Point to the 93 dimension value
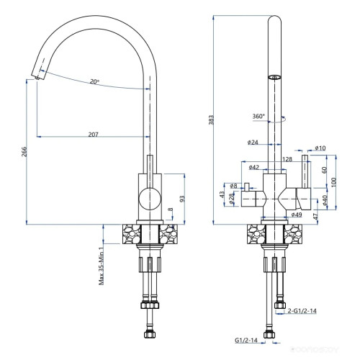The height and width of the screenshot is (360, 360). pyautogui.click(x=182, y=198)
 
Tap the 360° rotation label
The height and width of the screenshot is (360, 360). pyautogui.click(x=258, y=115)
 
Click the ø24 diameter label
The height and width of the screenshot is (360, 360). pyautogui.click(x=253, y=143)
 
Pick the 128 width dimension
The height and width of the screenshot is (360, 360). pyautogui.click(x=286, y=159)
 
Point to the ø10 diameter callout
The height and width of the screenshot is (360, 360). pyautogui.click(x=320, y=148)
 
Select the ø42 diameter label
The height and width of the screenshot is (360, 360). pyautogui.click(x=253, y=167)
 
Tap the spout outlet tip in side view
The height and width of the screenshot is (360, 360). pyautogui.click(x=36, y=76)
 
